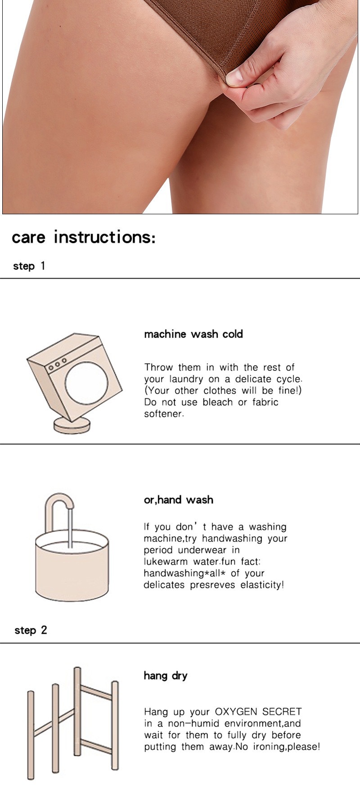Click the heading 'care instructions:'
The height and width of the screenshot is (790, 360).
point(84,237)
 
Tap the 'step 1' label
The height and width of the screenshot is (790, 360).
point(29,266)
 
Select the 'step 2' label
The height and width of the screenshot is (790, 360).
point(31,630)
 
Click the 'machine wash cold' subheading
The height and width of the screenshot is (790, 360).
point(193,334)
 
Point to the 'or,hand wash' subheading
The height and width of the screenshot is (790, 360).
point(179,500)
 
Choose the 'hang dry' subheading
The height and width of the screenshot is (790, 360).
point(166,676)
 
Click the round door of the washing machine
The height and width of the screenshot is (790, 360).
point(87,383)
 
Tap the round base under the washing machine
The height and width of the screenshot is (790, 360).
point(72,425)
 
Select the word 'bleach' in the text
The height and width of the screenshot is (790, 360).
point(220,402)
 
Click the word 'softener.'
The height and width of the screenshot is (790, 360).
point(164,414)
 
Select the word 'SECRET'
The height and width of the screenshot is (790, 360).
point(282,712)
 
